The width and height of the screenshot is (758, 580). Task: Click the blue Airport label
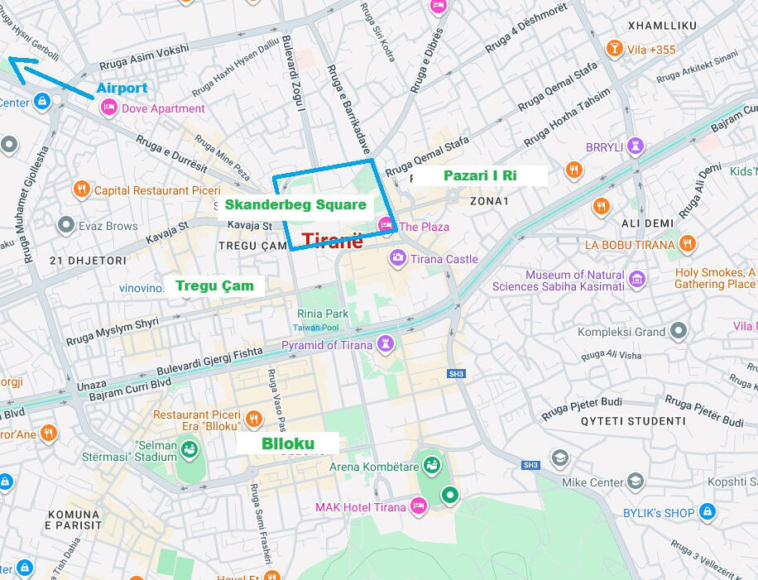click(122, 88)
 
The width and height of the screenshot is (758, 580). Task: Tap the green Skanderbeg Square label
click(295, 205)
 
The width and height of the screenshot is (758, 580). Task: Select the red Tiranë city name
click(332, 241)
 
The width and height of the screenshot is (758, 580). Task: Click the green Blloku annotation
click(288, 443)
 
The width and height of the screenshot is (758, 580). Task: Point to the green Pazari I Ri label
click(480, 175)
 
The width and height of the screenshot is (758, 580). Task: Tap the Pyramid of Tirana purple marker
click(386, 343)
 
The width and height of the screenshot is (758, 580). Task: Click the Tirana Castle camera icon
click(398, 258)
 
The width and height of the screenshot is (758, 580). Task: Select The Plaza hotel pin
click(385, 225)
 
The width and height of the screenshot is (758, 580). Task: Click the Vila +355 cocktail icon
click(614, 49)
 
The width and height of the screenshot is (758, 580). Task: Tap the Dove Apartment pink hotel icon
click(108, 108)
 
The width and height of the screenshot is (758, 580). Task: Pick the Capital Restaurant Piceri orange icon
click(81, 189)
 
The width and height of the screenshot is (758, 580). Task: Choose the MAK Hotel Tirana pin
click(419, 506)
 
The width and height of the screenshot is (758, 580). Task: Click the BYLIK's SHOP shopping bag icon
click(708, 512)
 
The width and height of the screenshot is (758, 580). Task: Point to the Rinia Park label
click(323, 314)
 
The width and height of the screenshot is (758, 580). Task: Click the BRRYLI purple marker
click(635, 146)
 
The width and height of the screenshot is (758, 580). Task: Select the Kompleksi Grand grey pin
click(679, 332)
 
